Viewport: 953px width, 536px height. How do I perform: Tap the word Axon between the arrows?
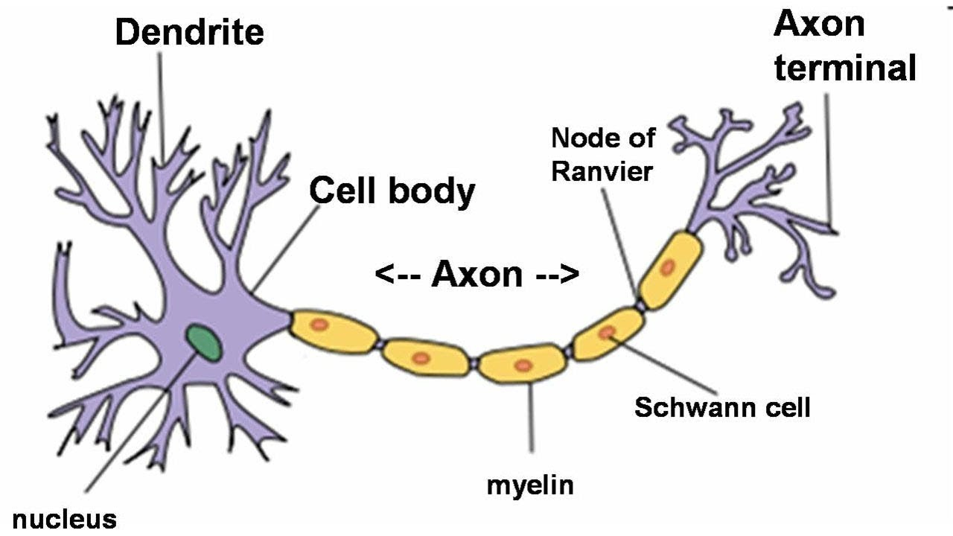pyautogui.click(x=477, y=275)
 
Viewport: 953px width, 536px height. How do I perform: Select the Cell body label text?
pyautogui.click(x=392, y=191)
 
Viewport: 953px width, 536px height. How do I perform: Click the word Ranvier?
pyautogui.click(x=602, y=172)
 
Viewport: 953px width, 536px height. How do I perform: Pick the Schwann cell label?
pyautogui.click(x=722, y=407)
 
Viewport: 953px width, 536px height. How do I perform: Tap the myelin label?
pyautogui.click(x=530, y=486)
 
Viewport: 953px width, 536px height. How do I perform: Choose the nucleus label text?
pyautogui.click(x=65, y=520)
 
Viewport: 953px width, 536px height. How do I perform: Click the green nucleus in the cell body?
pyautogui.click(x=203, y=342)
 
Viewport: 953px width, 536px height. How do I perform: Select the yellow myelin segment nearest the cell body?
pyautogui.click(x=333, y=332)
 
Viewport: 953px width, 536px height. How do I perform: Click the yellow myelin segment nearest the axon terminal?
pyautogui.click(x=671, y=269)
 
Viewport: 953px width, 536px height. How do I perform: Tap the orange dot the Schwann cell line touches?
pyautogui.click(x=607, y=332)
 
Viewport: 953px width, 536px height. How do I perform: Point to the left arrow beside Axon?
pyautogui.click(x=398, y=275)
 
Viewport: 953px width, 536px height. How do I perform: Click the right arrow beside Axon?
pyautogui.click(x=557, y=275)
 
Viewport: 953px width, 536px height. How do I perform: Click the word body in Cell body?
pyautogui.click(x=431, y=192)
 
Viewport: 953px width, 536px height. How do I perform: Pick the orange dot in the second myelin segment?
pyautogui.click(x=421, y=358)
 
